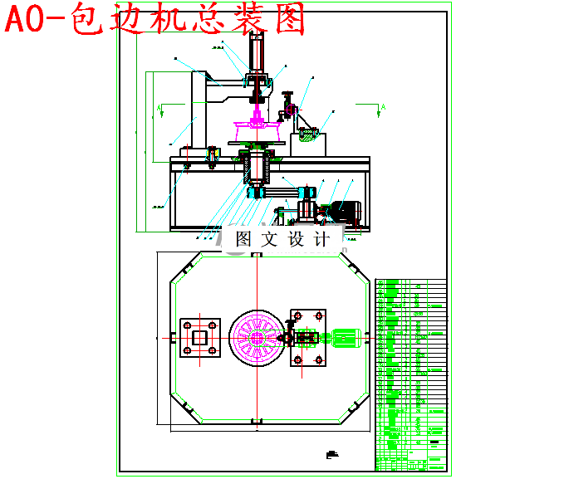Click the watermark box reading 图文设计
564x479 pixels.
[282, 239]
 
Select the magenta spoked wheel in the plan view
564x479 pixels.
[261, 339]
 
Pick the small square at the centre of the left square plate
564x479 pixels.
[199, 338]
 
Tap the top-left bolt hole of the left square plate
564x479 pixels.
[187, 325]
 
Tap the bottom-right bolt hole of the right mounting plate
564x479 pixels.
[319, 359]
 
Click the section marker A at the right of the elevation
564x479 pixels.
[382, 107]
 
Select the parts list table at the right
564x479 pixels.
[410, 374]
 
